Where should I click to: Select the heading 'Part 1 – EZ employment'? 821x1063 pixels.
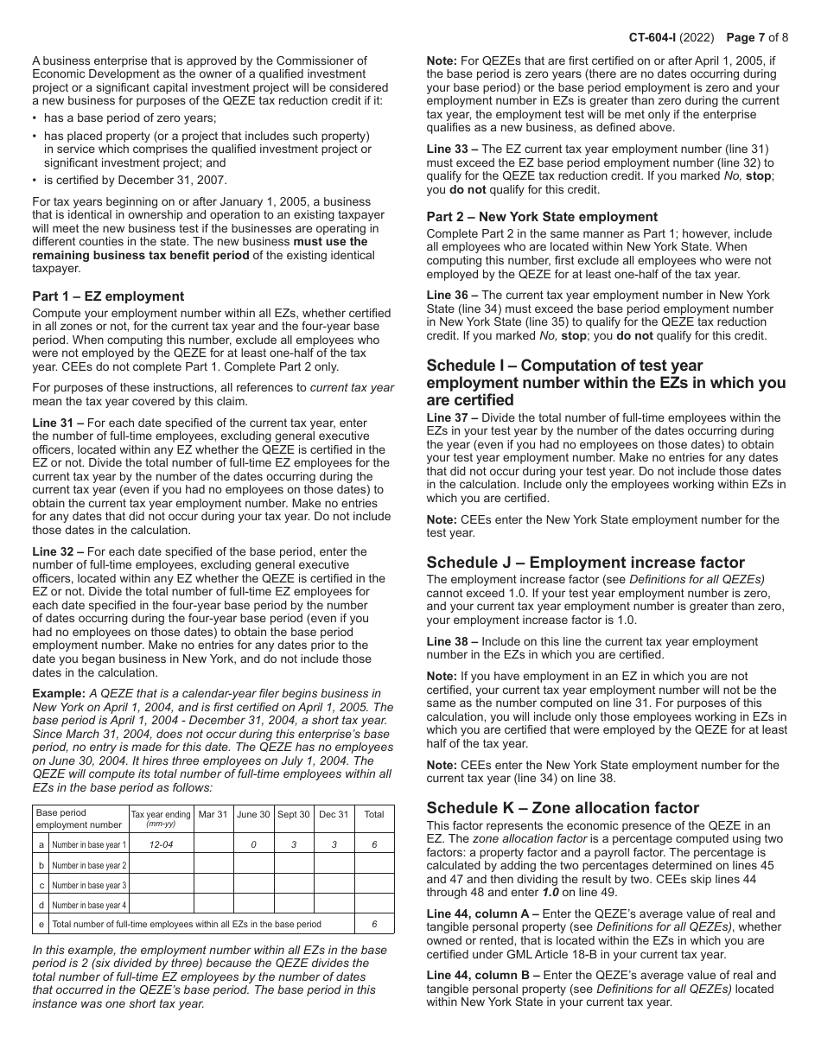tap(108, 296)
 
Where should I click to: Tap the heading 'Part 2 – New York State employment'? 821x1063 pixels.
tap(542, 217)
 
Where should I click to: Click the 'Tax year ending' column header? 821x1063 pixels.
tap(161, 817)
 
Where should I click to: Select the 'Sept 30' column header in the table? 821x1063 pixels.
tap(294, 814)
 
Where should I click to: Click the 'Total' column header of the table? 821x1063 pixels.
tap(374, 814)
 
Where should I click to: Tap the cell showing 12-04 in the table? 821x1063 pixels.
tap(161, 845)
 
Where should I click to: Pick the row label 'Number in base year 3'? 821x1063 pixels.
tap(89, 885)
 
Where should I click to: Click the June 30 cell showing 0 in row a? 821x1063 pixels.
tap(253, 845)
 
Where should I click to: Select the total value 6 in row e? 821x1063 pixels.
tap(374, 925)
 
